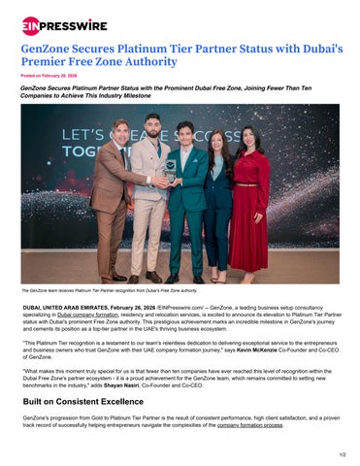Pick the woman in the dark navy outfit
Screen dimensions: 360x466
click(x=217, y=204)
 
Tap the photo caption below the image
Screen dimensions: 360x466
click(x=109, y=289)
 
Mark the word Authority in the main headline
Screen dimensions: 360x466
click(x=149, y=62)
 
